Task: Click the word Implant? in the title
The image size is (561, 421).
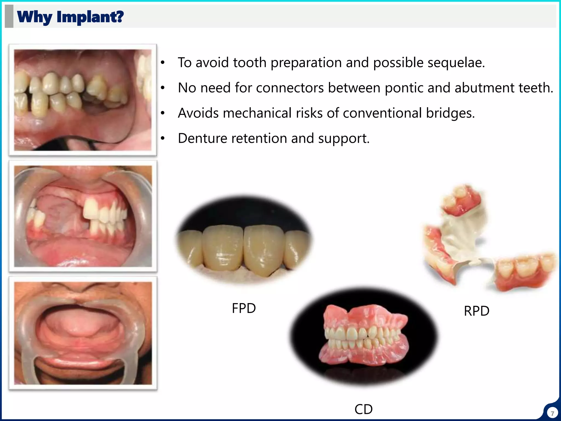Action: [x=90, y=17]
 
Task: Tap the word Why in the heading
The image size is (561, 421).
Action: [x=35, y=17]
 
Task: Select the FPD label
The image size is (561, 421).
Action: [x=244, y=308]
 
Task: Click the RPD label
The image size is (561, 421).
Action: [x=476, y=311]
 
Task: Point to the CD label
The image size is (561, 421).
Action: [x=363, y=409]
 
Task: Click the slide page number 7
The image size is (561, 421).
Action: [x=552, y=413]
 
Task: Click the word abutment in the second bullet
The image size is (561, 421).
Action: [x=485, y=88]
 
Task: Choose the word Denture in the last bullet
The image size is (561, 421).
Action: [x=202, y=138]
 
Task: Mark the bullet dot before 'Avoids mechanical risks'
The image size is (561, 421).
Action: [x=163, y=113]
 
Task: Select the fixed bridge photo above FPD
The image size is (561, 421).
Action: [x=244, y=240]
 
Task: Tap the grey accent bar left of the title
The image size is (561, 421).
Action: [x=9, y=16]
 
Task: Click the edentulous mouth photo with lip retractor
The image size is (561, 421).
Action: [x=83, y=333]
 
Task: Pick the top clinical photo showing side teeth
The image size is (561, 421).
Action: [x=83, y=100]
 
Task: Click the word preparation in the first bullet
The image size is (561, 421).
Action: [x=306, y=62]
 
